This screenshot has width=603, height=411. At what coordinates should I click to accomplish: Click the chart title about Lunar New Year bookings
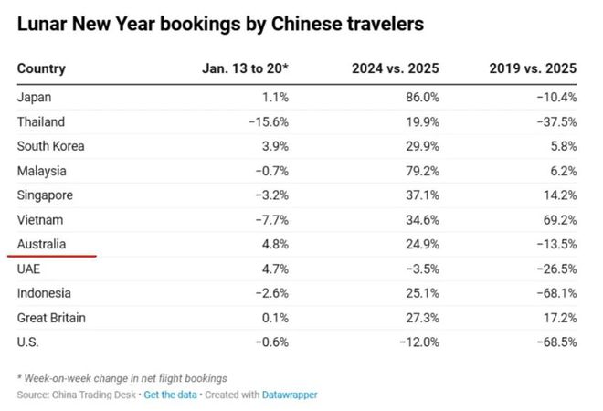(220, 25)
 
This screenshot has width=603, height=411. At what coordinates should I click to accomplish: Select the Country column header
(41, 68)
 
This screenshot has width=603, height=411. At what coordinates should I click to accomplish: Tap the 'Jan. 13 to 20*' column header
(245, 68)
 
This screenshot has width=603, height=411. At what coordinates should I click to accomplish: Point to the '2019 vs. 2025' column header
(533, 68)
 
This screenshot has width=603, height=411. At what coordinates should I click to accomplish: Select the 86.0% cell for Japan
(422, 96)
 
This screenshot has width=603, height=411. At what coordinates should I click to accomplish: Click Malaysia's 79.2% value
(422, 171)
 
